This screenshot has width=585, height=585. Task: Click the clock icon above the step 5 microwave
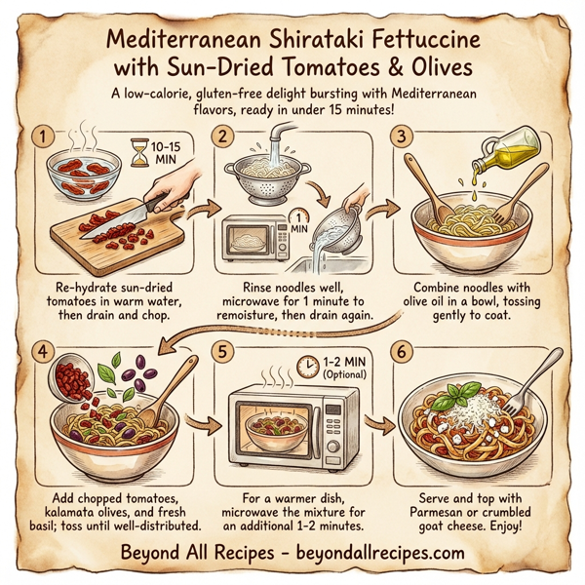click(308, 366)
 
